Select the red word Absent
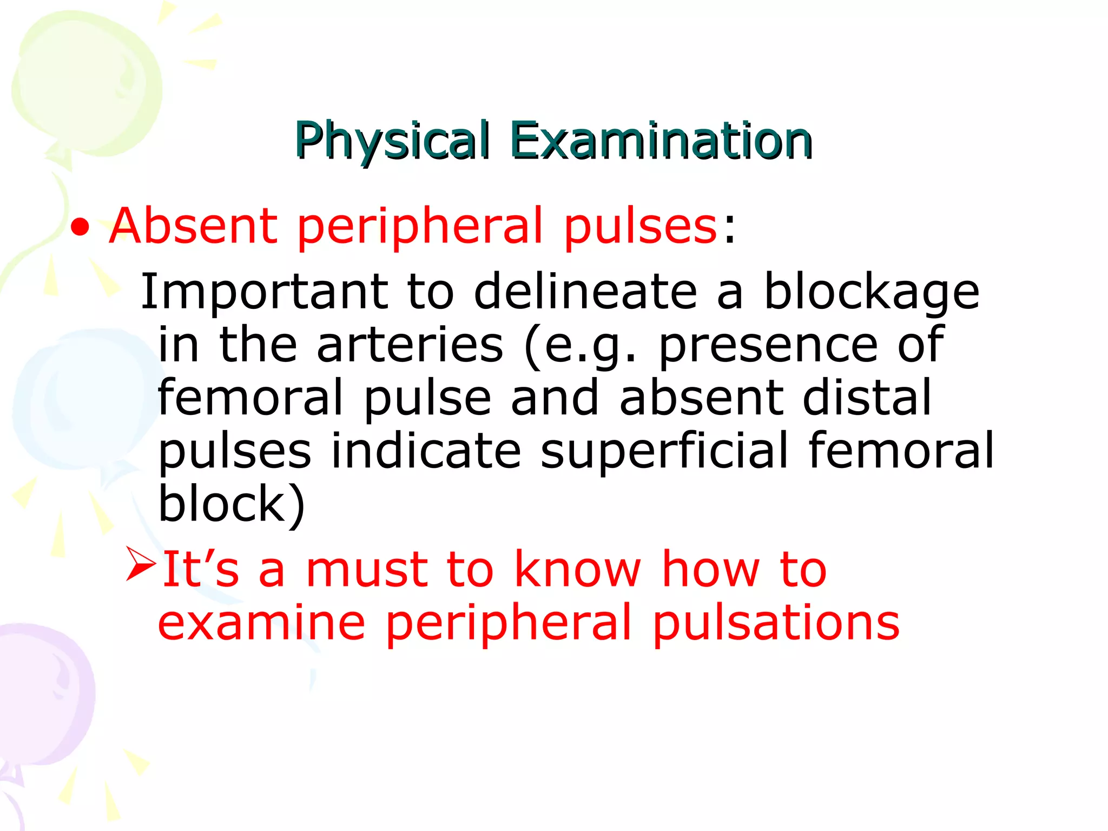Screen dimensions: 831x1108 tap(193, 226)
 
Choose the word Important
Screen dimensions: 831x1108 tap(264, 292)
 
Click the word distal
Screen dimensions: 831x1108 tap(867, 398)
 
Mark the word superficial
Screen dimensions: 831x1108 tap(664, 452)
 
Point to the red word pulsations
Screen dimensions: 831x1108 tap(776, 623)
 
